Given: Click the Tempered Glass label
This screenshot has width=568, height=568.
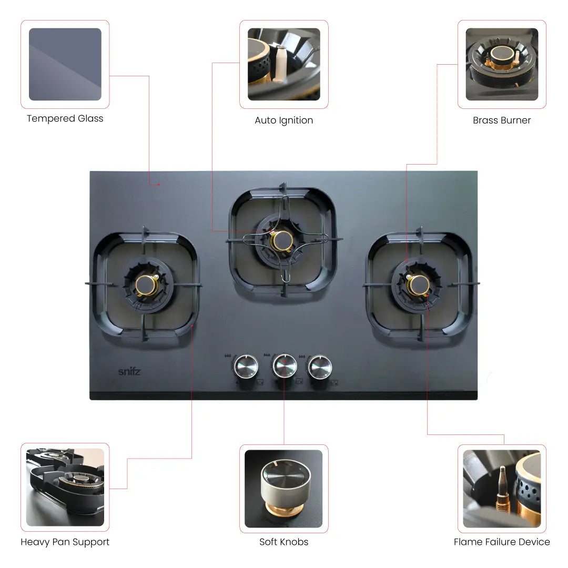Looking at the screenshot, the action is [65, 118].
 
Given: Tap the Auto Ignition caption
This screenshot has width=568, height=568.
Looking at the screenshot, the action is [283, 120].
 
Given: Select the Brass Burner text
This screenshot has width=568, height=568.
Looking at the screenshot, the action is [502, 120].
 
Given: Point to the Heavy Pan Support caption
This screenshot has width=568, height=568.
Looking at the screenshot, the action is [65, 542].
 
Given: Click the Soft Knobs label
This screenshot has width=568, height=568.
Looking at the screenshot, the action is [283, 542].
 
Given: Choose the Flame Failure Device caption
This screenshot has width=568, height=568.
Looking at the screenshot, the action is [502, 542].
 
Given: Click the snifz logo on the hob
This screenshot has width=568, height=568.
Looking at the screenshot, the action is [129, 371].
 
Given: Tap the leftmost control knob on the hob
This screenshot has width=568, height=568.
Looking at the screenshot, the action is [246, 367].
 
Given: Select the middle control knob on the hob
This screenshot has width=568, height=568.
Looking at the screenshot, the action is [285, 366].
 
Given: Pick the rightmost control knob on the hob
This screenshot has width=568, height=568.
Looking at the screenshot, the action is [320, 367].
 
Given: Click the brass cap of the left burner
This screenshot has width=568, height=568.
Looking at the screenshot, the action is [146, 286].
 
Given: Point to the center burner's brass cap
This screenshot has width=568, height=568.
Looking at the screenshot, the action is [282, 240].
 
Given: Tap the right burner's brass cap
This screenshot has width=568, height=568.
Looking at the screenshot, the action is [419, 286].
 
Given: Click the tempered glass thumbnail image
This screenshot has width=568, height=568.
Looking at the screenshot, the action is [65, 64].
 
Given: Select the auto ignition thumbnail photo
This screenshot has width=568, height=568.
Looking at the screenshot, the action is [284, 64].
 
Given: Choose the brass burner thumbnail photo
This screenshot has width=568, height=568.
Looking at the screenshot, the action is [502, 64].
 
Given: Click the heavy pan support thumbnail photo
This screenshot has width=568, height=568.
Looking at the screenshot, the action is [65, 487].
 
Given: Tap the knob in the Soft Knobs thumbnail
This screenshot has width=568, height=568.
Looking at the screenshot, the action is [286, 485].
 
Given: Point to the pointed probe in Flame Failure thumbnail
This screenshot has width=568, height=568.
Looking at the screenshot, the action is [502, 490].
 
